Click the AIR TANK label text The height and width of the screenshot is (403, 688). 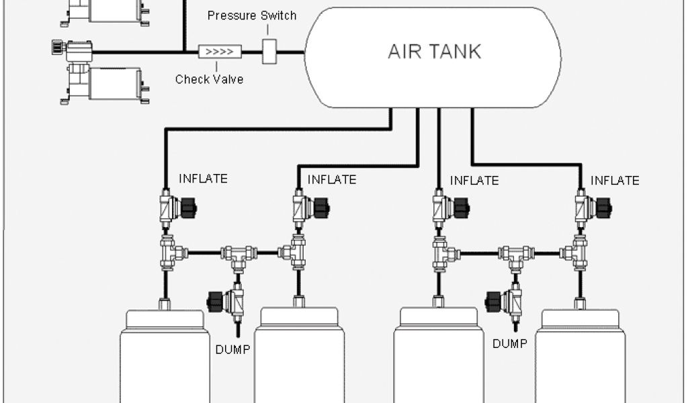[x=434, y=52]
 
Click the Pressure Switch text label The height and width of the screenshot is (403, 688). [x=251, y=15]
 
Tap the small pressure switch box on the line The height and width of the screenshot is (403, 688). [x=269, y=52]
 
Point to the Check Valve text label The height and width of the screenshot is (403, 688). [x=209, y=79]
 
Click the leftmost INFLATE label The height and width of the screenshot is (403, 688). [x=203, y=179]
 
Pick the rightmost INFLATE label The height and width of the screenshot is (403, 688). [x=615, y=181]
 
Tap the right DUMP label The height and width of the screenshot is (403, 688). [x=510, y=344]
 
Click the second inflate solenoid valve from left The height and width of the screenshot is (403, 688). [x=307, y=208]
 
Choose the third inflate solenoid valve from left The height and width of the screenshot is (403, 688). [x=448, y=208]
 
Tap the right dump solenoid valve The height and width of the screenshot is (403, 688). [x=505, y=299]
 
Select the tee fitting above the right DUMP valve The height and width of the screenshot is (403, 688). [x=516, y=255]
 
